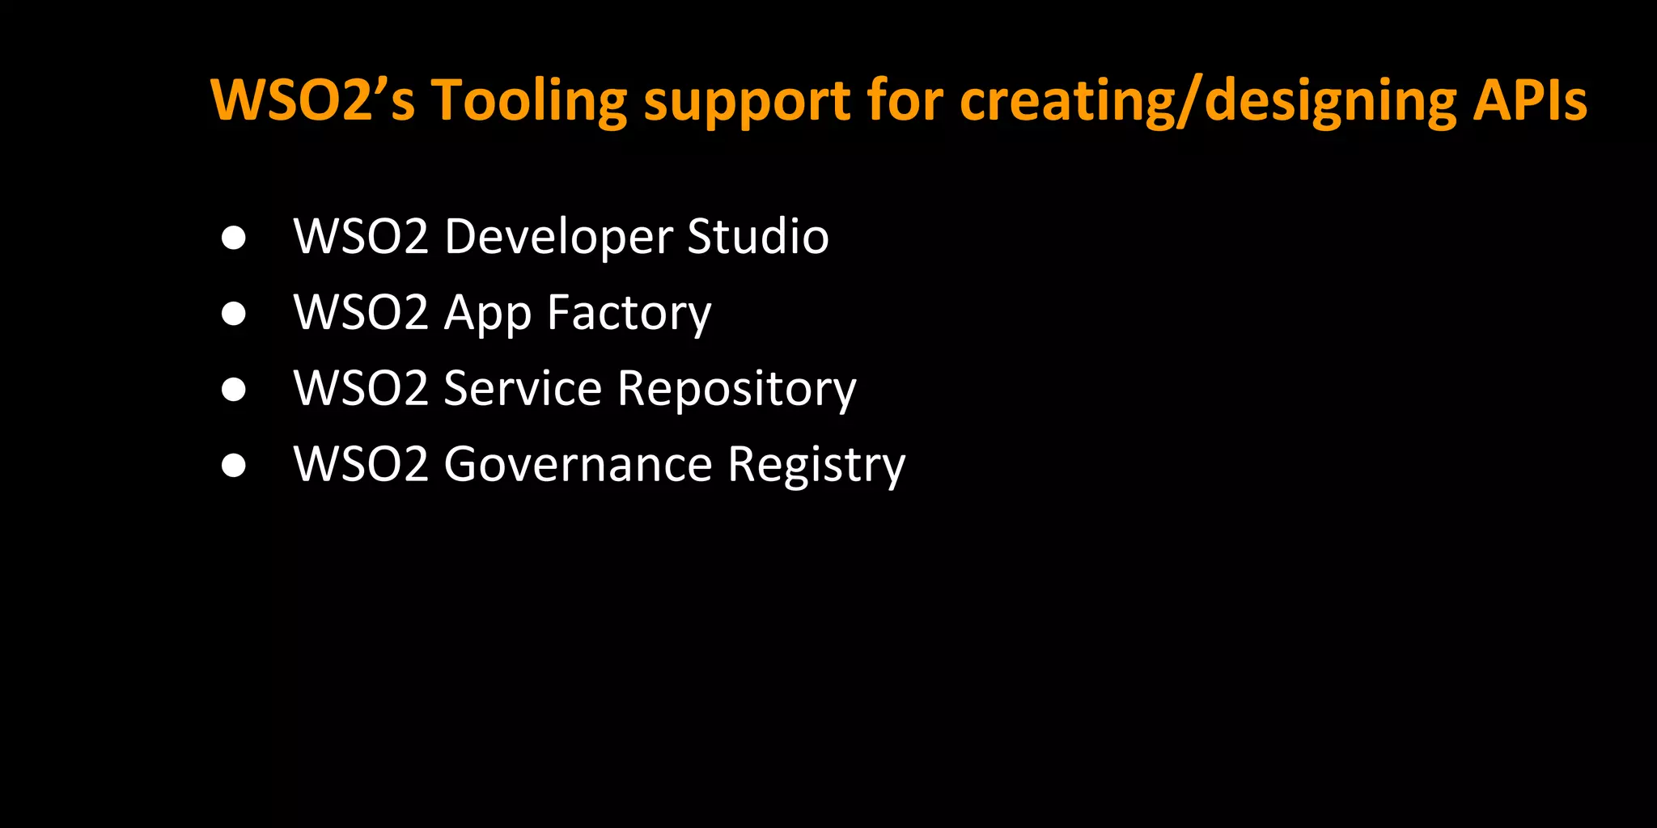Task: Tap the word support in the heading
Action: pos(746,102)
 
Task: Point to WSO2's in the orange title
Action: pos(312,100)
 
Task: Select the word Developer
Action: pos(558,237)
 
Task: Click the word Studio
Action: pos(758,236)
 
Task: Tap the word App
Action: pos(488,314)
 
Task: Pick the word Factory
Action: pos(629,314)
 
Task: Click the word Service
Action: pos(523,388)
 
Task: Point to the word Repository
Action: pos(736,390)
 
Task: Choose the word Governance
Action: pos(578,465)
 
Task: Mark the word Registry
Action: pos(816,466)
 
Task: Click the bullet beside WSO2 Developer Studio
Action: pos(234,238)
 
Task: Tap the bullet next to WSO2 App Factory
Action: pos(234,314)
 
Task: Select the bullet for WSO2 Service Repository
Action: pos(234,389)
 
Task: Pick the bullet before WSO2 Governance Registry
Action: pos(234,465)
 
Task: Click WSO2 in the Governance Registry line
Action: pos(361,465)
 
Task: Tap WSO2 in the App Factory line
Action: pos(361,313)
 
